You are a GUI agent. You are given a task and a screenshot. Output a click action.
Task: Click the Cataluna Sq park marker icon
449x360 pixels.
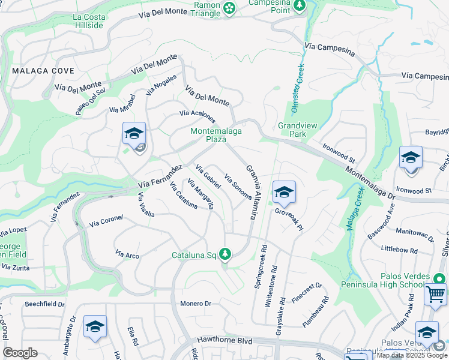[225, 254]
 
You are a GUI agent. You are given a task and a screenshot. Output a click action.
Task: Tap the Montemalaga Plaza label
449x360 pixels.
[208, 135]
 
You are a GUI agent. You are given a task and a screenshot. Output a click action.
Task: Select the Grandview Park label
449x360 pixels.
[292, 130]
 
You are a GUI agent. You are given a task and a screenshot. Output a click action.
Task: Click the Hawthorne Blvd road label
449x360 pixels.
[247, 339]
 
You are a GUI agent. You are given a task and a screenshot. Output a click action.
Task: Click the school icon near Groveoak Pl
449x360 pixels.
[284, 193]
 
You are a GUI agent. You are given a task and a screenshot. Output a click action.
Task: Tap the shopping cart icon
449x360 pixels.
[435, 294]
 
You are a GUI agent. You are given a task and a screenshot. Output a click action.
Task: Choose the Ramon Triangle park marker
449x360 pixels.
[229, 8]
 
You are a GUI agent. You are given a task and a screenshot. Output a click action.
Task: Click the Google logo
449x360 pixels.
[20, 353]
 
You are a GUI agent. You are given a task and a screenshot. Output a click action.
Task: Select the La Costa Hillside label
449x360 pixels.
[88, 21]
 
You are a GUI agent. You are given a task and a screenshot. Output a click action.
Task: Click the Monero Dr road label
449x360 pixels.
[196, 304]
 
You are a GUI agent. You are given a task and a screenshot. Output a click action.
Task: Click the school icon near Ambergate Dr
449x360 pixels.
[95, 327]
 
